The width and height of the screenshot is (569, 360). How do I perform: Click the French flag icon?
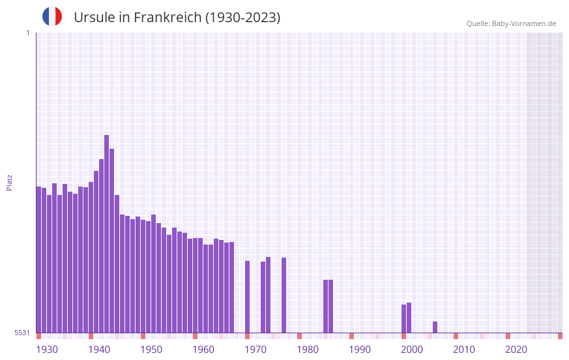(52, 16)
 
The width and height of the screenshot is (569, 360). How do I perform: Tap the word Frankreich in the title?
(167, 18)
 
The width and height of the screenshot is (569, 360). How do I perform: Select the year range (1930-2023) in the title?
(242, 18)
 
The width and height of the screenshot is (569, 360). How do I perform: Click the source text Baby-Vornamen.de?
(523, 23)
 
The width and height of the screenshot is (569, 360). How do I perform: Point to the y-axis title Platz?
(9, 182)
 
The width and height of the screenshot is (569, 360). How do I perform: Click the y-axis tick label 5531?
(22, 333)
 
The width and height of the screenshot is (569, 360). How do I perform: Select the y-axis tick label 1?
(27, 33)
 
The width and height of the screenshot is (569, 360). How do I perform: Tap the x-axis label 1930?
(47, 350)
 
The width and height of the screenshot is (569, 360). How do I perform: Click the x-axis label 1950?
(151, 350)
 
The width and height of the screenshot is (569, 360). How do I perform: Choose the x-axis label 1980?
(308, 350)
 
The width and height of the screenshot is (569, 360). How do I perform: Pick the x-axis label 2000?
(412, 350)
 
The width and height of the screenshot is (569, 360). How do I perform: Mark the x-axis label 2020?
(516, 350)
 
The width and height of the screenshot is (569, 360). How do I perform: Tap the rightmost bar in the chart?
(435, 327)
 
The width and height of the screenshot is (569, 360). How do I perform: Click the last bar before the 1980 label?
(284, 295)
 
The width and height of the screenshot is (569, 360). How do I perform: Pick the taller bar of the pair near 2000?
(409, 318)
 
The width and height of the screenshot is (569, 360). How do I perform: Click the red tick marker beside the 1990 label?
(352, 336)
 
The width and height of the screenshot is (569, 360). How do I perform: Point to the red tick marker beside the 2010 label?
(456, 336)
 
